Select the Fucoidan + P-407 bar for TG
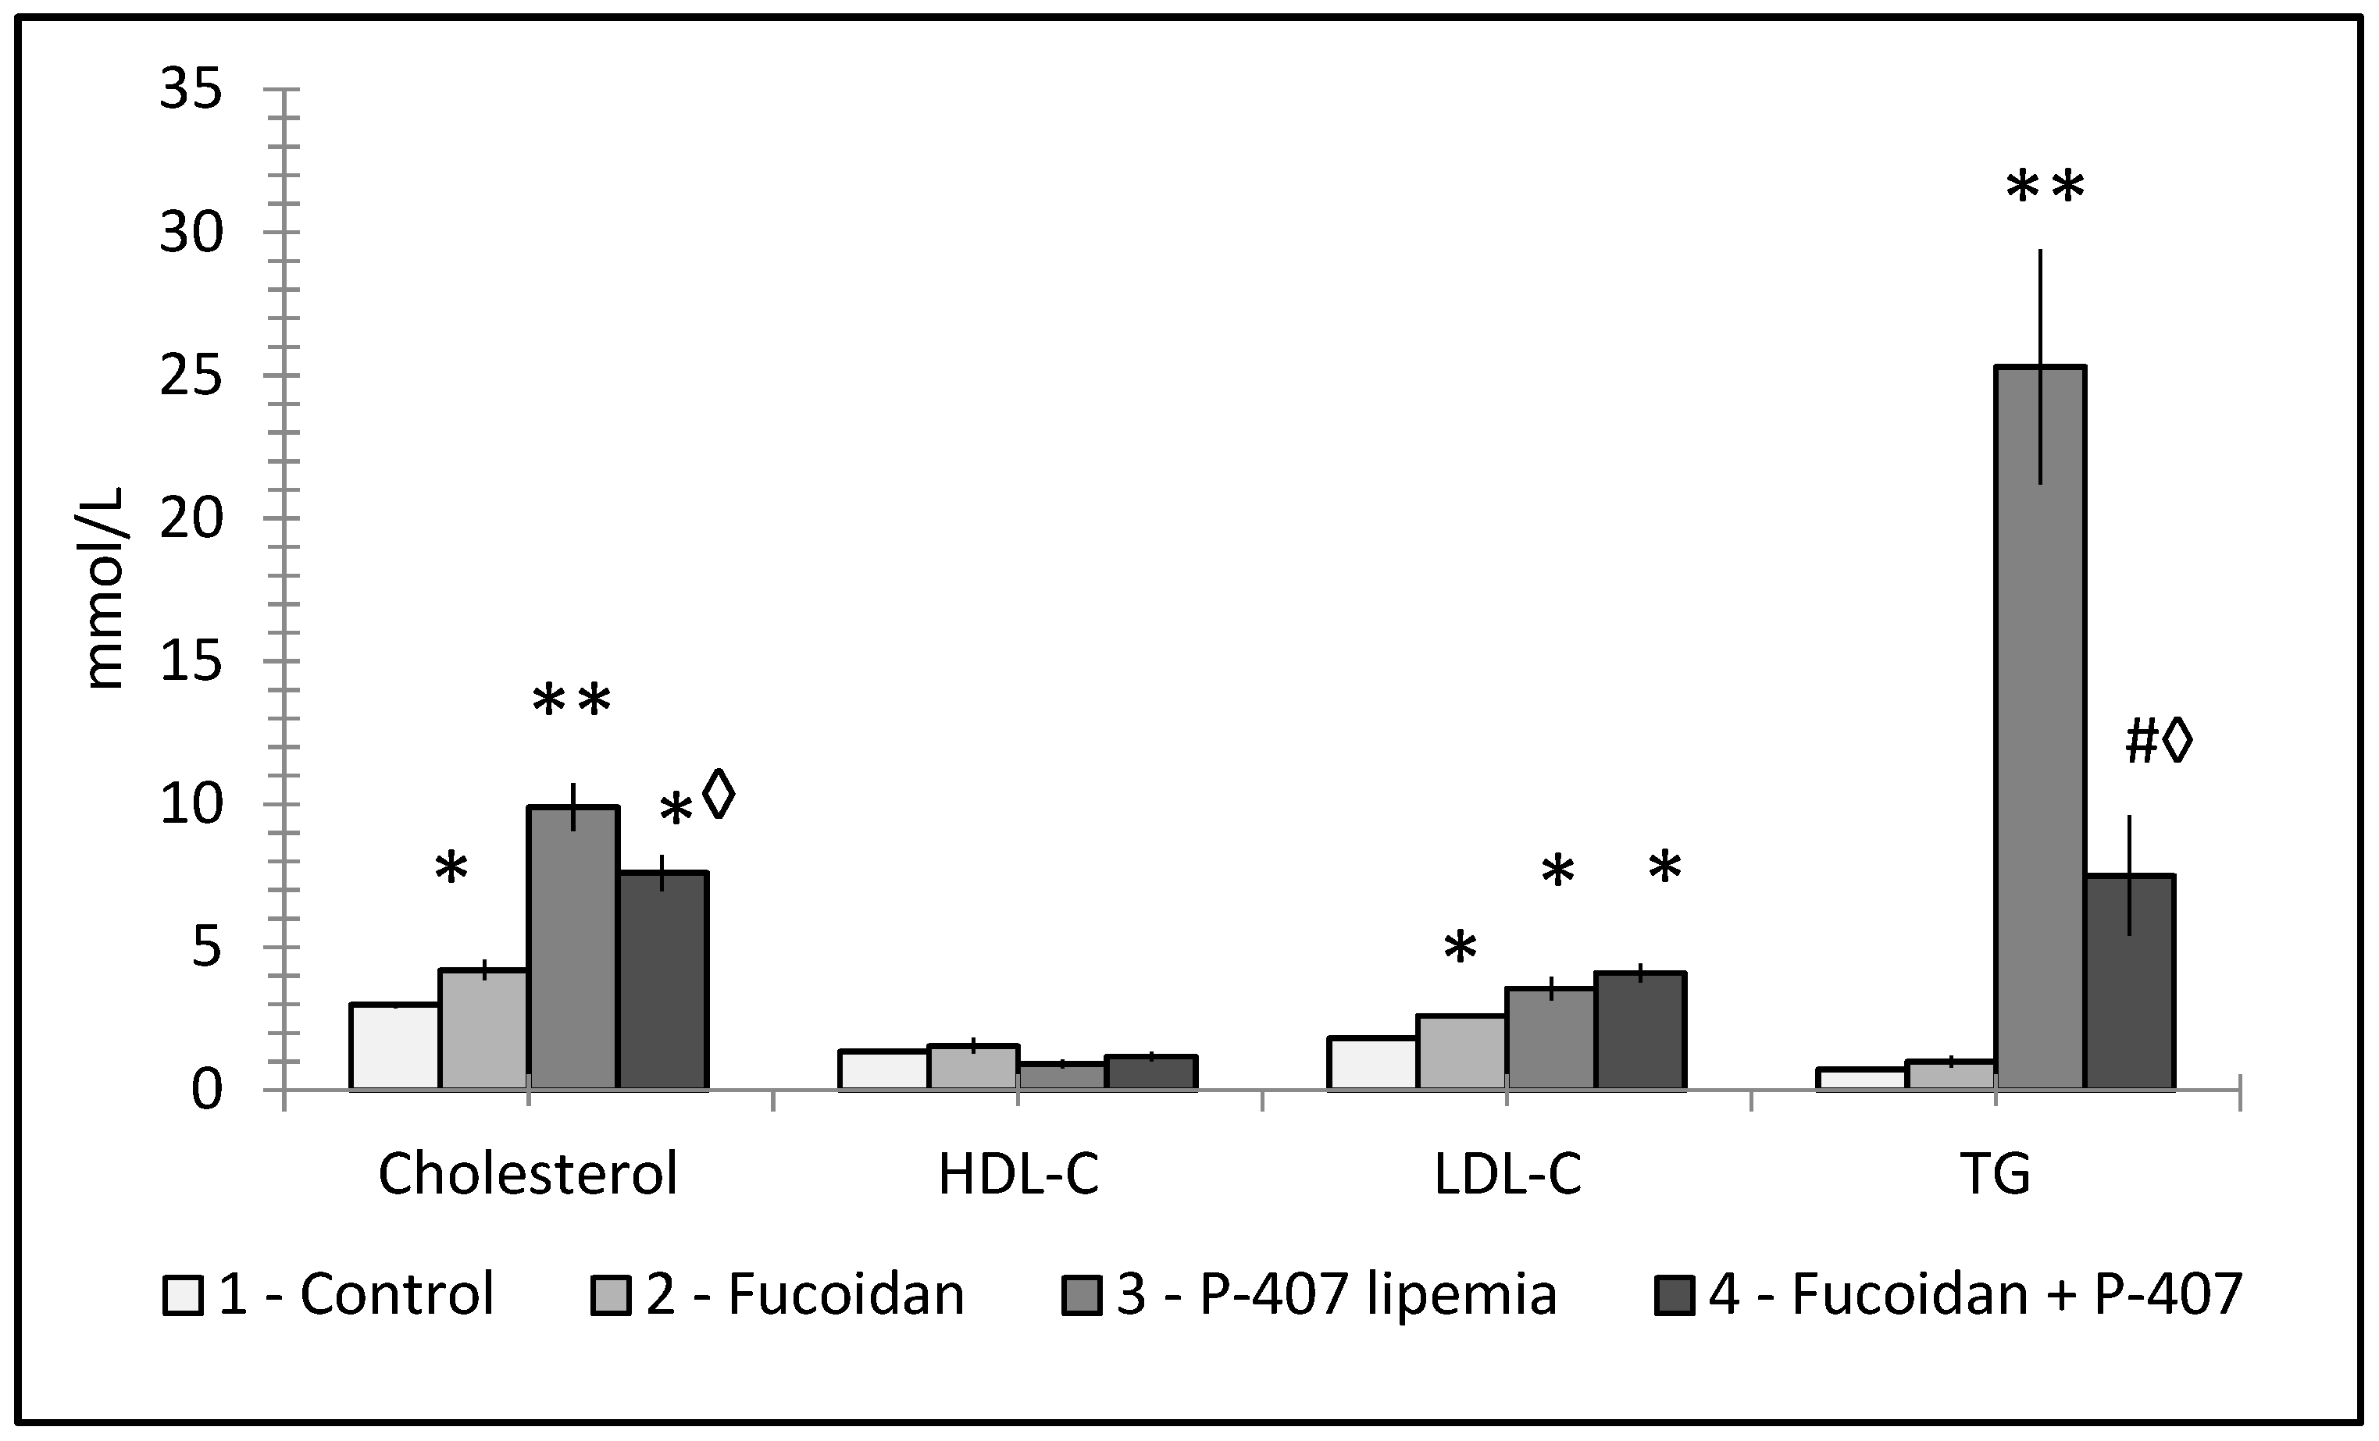pyautogui.click(x=2129, y=981)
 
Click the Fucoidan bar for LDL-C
pyautogui.click(x=1461, y=1052)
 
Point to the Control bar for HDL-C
pyautogui.click(x=883, y=1069)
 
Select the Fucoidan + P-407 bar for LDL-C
pyautogui.click(x=1640, y=1031)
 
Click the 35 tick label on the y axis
pyautogui.click(x=191, y=91)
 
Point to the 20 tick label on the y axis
pyautogui.click(x=191, y=519)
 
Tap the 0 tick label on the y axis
pyautogui.click(x=207, y=1090)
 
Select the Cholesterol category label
pyautogui.click(x=527, y=1175)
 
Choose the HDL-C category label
pyautogui.click(x=1018, y=1175)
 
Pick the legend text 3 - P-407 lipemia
pyautogui.click(x=1336, y=1294)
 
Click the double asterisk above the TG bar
pyautogui.click(x=2045, y=188)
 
